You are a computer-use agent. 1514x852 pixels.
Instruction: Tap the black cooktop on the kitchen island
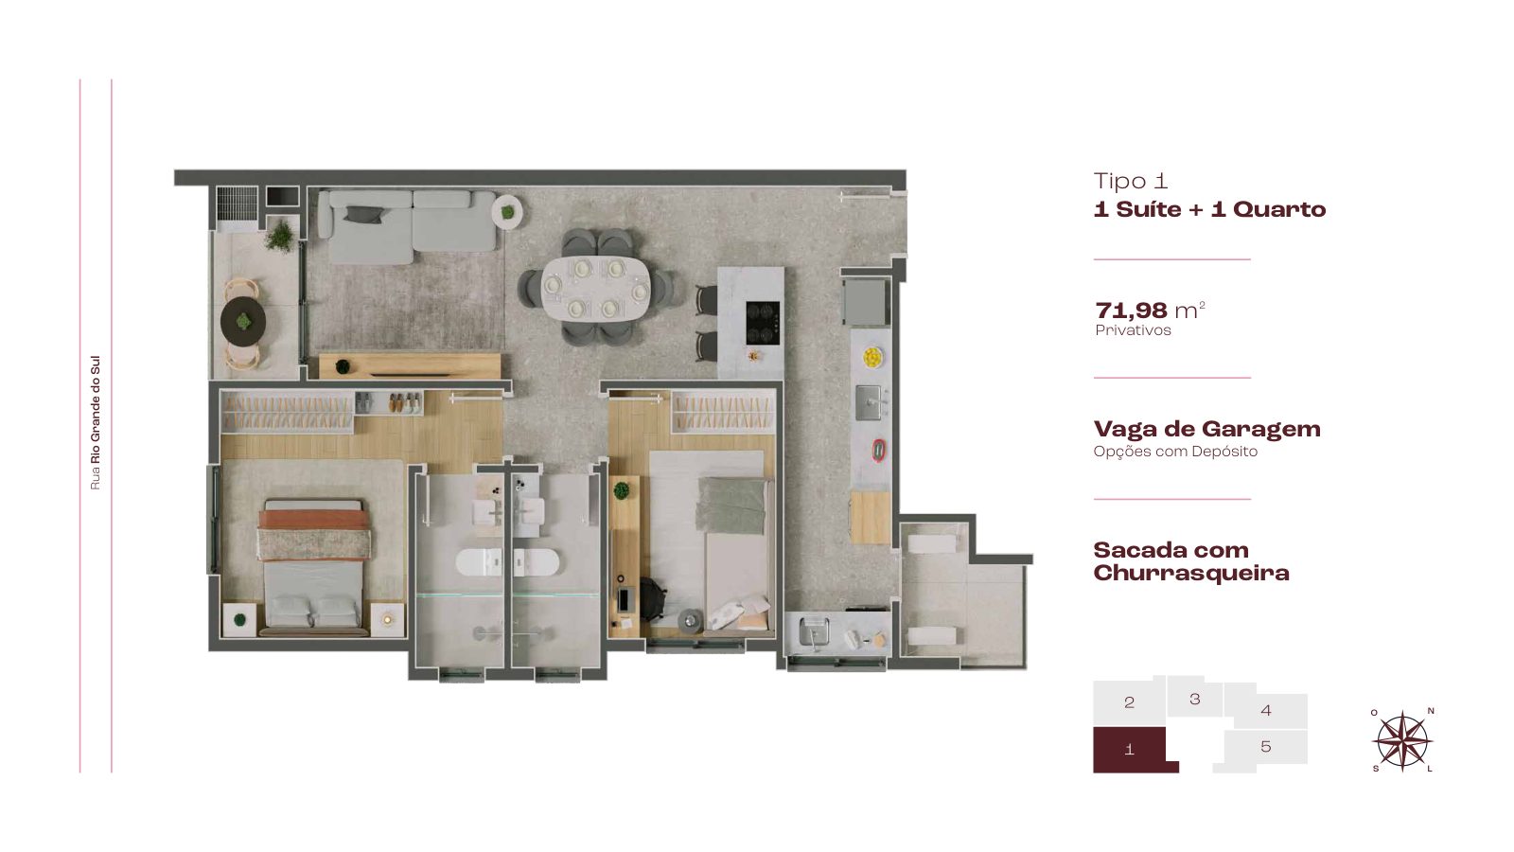[763, 323]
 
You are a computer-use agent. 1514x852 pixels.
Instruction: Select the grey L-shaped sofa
[407, 225]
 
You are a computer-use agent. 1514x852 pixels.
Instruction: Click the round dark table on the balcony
[243, 322]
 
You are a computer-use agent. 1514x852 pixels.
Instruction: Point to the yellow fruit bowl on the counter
[872, 357]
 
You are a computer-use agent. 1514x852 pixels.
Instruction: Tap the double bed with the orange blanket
[313, 567]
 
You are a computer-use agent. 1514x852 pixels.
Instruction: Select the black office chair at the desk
[652, 599]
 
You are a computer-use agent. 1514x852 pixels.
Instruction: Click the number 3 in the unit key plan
[1195, 699]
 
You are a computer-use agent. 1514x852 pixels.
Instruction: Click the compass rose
[1402, 740]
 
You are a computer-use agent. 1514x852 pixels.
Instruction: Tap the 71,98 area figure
[1131, 311]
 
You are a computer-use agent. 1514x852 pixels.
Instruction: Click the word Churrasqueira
[1191, 574]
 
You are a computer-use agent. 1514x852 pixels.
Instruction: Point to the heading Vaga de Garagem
[1207, 429]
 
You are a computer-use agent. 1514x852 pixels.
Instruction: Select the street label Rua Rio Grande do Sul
[96, 422]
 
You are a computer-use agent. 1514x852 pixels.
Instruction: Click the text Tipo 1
[1130, 181]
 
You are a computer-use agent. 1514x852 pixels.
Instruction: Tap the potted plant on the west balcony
[280, 236]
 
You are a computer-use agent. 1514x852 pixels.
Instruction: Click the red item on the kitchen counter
[879, 451]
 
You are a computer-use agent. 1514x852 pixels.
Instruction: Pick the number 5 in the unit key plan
[1266, 747]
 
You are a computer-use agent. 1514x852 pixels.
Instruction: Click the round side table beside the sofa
[507, 212]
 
